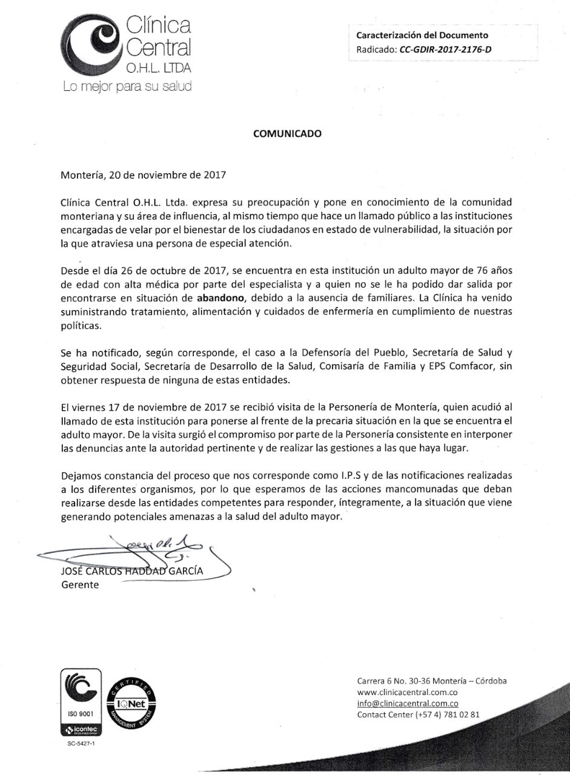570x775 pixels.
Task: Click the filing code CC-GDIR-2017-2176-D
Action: pyautogui.click(x=445, y=50)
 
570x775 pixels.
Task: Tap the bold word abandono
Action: pyautogui.click(x=221, y=297)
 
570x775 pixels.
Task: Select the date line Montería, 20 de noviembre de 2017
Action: pyautogui.click(x=144, y=176)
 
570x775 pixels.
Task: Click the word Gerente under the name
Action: pyautogui.click(x=80, y=585)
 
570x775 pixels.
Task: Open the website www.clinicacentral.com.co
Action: pyautogui.click(x=406, y=691)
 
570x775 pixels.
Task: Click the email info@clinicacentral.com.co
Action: pyautogui.click(x=407, y=703)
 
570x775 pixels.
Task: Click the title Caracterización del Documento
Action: pyautogui.click(x=422, y=36)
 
